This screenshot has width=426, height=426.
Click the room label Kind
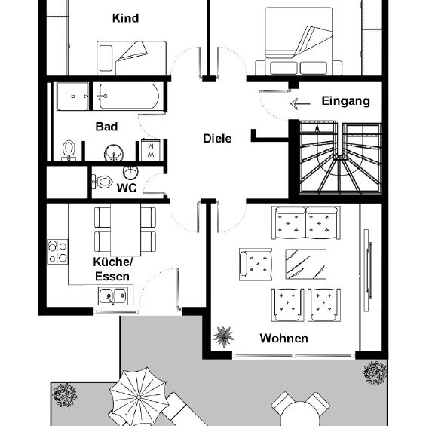point(125,18)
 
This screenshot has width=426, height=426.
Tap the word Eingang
point(345,101)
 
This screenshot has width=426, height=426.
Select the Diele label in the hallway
point(216,139)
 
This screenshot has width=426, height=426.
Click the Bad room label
point(106,127)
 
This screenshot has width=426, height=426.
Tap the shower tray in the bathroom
point(72,96)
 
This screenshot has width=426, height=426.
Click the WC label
point(127,188)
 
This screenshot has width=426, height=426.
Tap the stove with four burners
point(58,251)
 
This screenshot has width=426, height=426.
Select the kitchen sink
point(114,298)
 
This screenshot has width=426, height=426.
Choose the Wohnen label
point(283,339)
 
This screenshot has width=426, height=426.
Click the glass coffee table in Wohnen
point(305,264)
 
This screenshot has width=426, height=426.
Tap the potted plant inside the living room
point(223,334)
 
